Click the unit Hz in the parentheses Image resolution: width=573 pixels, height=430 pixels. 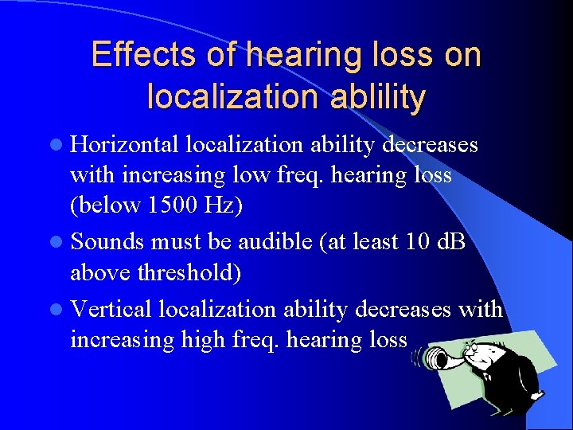223,205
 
